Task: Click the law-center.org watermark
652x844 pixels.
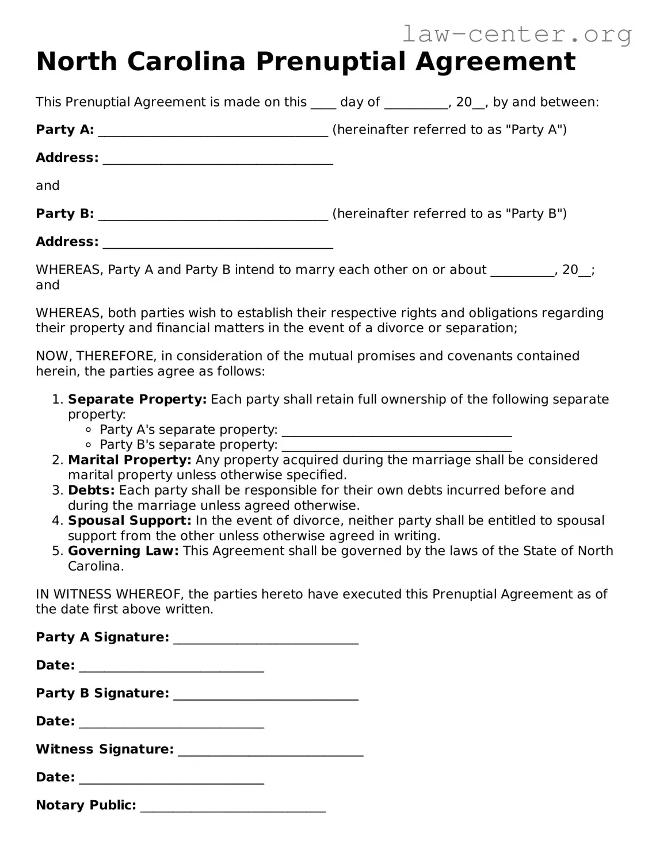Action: pos(516,35)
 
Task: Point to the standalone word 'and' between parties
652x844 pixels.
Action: pos(48,185)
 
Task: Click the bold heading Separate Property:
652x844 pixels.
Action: pos(137,400)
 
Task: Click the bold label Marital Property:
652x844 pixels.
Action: pos(129,460)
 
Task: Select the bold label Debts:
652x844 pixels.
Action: pos(91,491)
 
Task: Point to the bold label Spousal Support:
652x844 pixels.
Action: pos(129,521)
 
